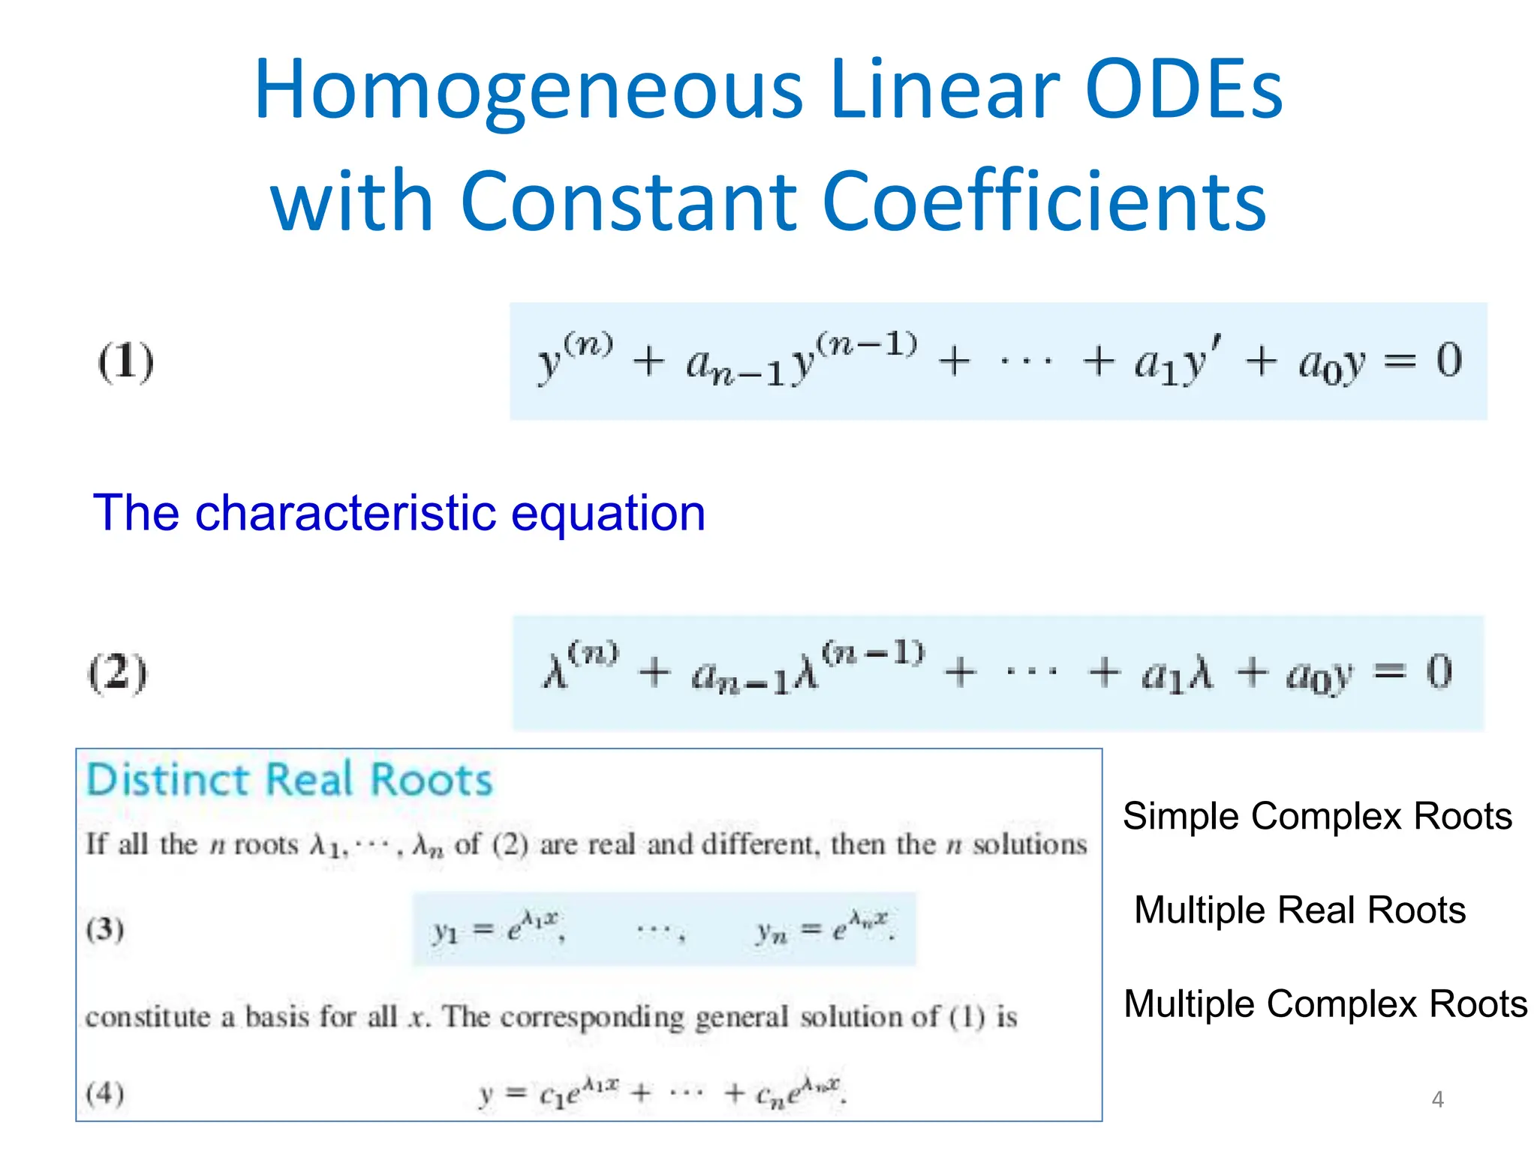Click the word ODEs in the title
[x=1184, y=90]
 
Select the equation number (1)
[x=126, y=361]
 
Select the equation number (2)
[x=118, y=673]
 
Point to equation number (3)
[x=104, y=929]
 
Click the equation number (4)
[x=104, y=1093]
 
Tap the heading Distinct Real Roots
[x=290, y=780]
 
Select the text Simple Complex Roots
[x=1317, y=816]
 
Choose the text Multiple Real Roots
[x=1300, y=910]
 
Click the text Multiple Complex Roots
[x=1325, y=1003]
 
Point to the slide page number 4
[x=1437, y=1099]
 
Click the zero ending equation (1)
[x=1448, y=360]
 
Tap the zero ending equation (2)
[x=1439, y=671]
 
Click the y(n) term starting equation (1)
[x=574, y=358]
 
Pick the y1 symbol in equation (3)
[x=445, y=931]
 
